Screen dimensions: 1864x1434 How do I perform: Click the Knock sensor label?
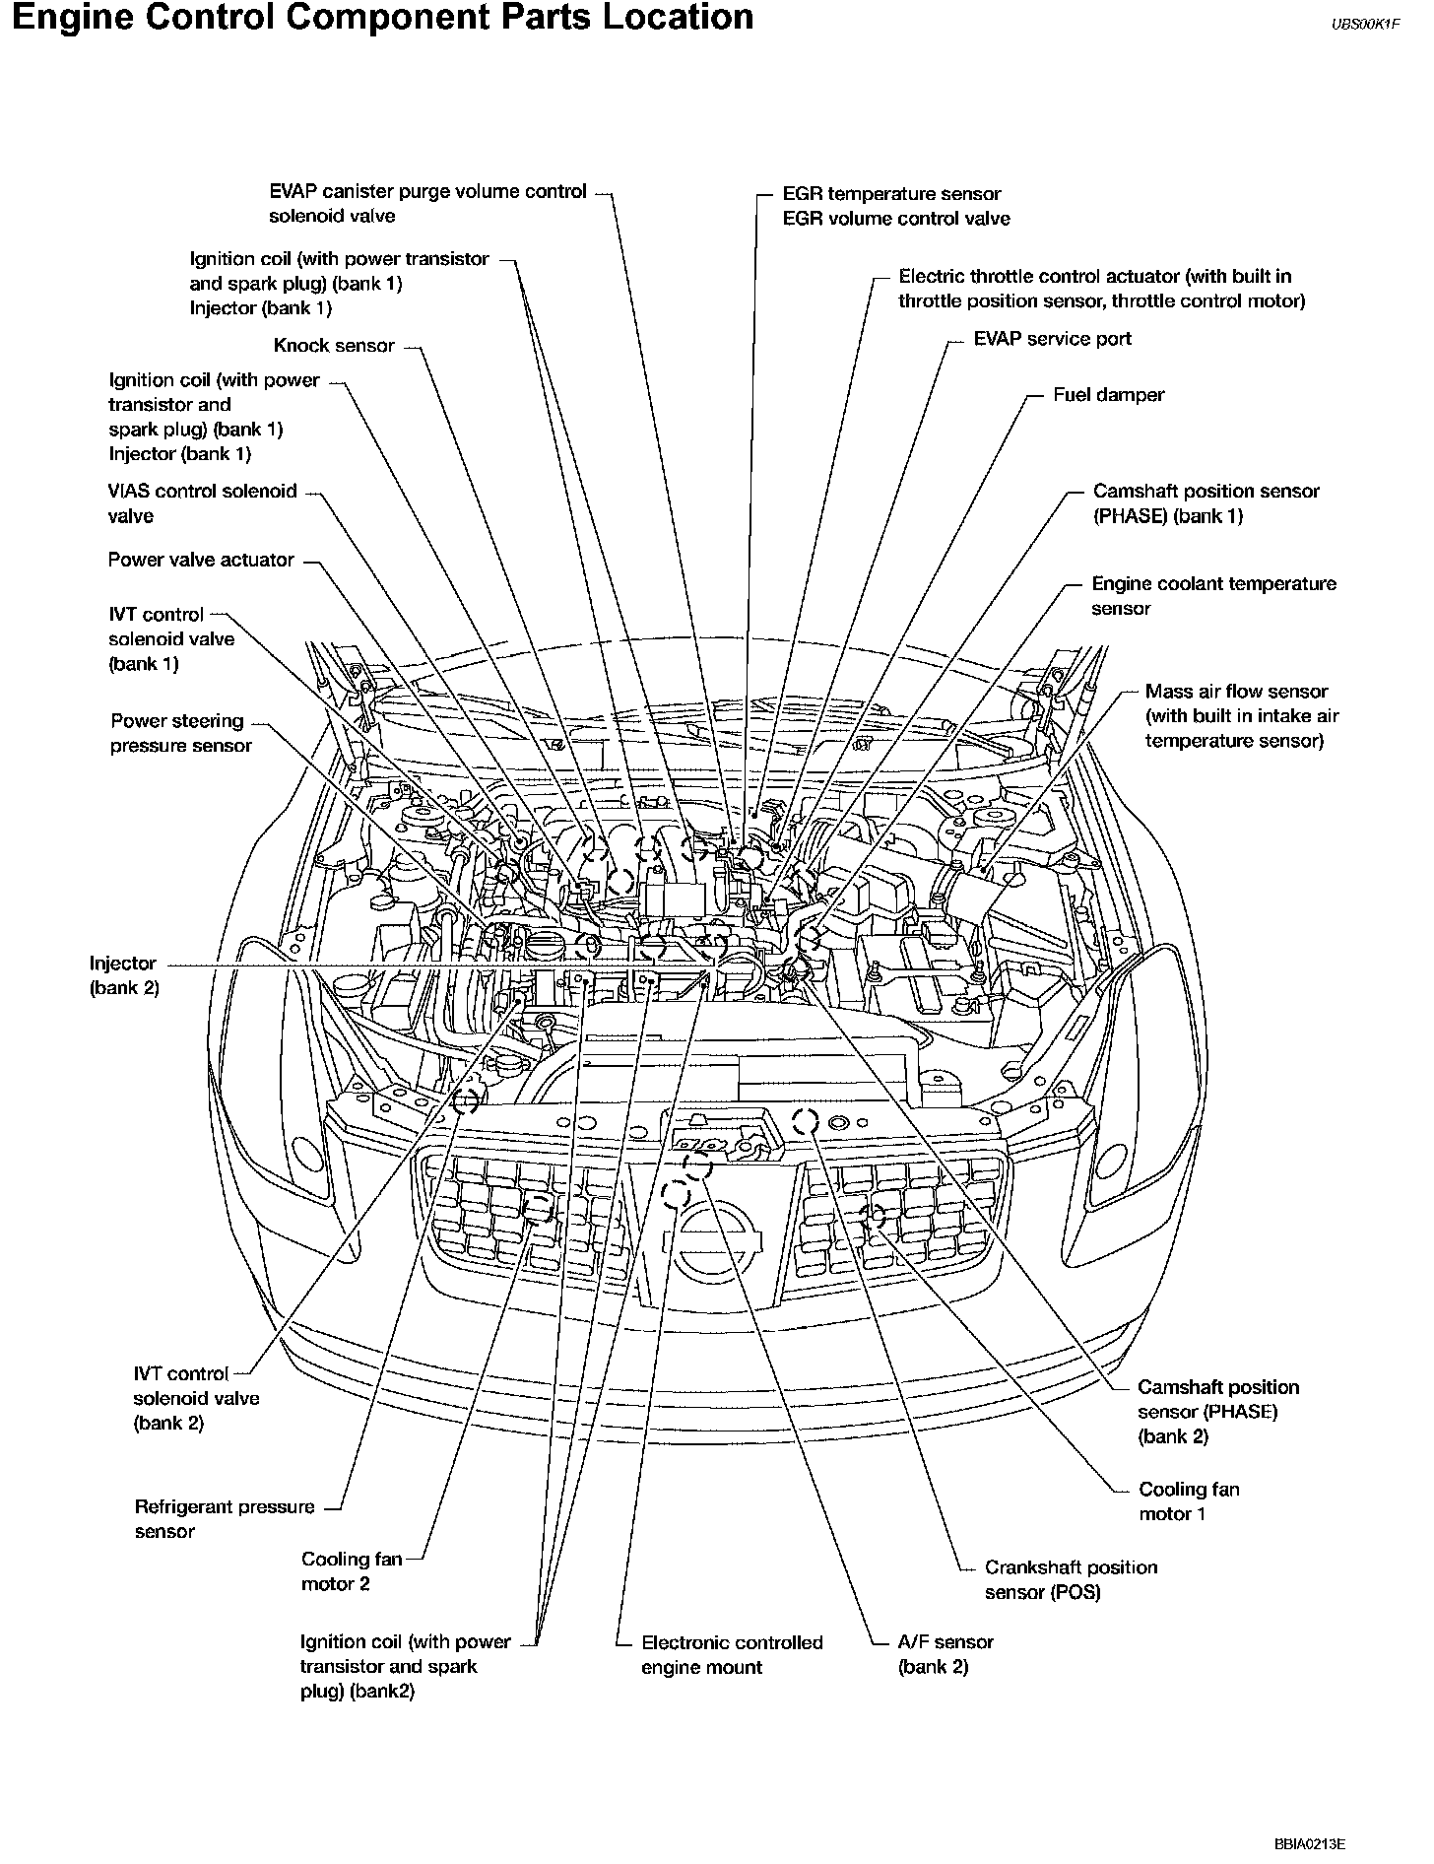point(334,346)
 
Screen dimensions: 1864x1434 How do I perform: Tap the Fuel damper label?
point(1108,395)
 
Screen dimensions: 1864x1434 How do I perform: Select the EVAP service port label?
point(1052,339)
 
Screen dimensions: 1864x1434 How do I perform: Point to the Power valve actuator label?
point(201,560)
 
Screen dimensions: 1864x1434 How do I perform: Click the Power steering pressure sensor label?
point(180,733)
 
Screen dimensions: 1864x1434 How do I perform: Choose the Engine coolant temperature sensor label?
point(1213,596)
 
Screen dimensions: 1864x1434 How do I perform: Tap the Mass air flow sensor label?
point(1241,716)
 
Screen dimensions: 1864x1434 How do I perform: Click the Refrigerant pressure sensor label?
point(225,1518)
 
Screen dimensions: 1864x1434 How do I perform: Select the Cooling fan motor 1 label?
point(1189,1501)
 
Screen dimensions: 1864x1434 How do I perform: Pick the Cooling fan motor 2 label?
point(352,1571)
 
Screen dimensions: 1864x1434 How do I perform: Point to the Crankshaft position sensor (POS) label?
point(1071,1579)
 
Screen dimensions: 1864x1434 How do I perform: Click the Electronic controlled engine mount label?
point(731,1655)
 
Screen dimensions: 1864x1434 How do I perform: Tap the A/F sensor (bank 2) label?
point(945,1655)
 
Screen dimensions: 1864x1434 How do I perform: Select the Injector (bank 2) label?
point(123,975)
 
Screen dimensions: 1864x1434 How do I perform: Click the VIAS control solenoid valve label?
point(202,503)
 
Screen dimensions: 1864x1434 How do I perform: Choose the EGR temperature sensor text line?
point(891,194)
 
